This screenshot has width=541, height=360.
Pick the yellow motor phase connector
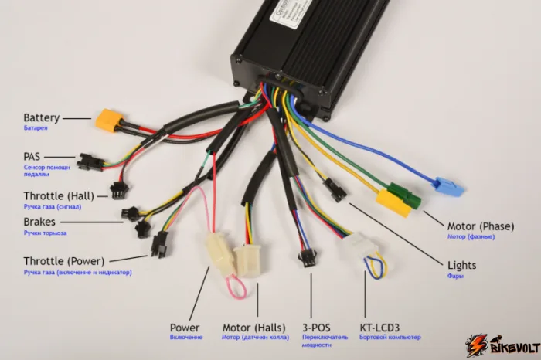pos(392,204)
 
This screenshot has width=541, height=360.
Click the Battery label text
pos(41,118)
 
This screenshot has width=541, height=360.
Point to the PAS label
pos(32,156)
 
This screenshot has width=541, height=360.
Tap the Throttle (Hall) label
pos(58,196)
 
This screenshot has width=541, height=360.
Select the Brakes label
pos(39,222)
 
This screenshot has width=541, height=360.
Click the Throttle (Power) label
pos(63,261)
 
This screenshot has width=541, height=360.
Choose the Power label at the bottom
pos(185,328)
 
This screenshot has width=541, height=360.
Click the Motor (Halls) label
pos(254,328)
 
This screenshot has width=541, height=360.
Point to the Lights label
pos(461,266)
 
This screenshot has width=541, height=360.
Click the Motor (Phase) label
pos(480,226)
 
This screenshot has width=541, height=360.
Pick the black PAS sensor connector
pos(90,161)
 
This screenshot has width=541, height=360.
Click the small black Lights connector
pos(335,190)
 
